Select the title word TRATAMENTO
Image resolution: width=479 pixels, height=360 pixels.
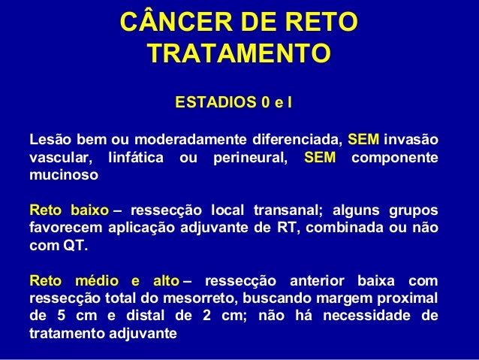click(x=239, y=54)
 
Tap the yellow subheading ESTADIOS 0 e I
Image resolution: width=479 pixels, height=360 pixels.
click(x=233, y=101)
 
